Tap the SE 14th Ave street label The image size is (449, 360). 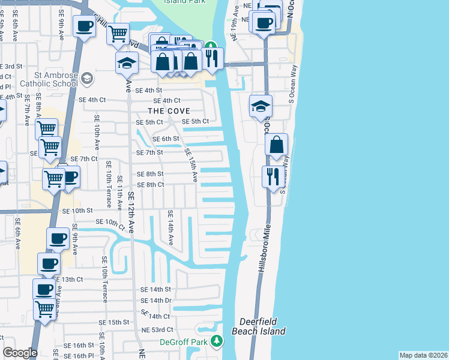(171, 228)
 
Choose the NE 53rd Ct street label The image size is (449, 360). (157, 330)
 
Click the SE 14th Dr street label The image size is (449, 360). (156, 300)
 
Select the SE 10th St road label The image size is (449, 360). (77, 211)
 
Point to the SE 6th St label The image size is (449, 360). (166, 139)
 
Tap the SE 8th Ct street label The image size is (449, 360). (151, 185)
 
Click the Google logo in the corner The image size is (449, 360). (20, 353)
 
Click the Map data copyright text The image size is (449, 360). (423, 355)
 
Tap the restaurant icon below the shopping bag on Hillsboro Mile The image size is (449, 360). (273, 176)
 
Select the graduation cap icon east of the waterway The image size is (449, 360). (261, 106)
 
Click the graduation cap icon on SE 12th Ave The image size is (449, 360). (127, 62)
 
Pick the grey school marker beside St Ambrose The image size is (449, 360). (88, 79)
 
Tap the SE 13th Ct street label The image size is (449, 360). (68, 280)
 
